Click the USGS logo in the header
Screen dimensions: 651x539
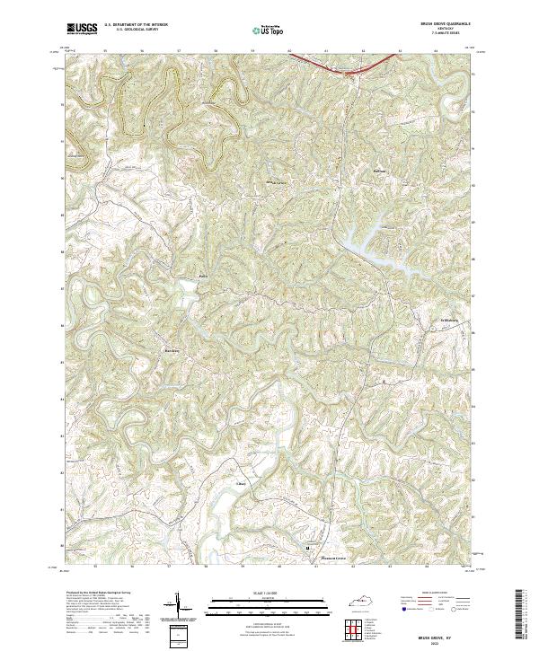coord(79,30)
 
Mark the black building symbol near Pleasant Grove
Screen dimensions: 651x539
coord(308,547)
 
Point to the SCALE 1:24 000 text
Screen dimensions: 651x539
coord(269,594)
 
